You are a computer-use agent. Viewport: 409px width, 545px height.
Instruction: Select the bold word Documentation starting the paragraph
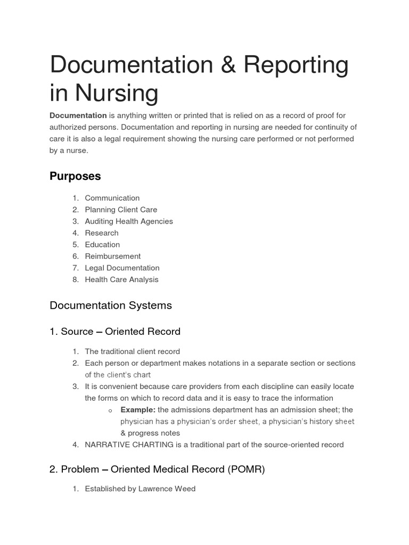click(78, 115)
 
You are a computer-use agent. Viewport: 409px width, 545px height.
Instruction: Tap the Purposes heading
click(75, 176)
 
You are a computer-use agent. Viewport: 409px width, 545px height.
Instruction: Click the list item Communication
click(112, 198)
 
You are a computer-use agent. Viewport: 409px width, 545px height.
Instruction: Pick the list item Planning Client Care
click(121, 210)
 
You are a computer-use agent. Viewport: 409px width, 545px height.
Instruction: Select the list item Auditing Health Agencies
click(129, 221)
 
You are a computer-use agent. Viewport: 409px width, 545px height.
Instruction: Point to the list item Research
click(102, 233)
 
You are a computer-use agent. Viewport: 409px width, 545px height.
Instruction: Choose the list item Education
click(102, 245)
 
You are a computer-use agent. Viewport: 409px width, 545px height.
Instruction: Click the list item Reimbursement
click(112, 257)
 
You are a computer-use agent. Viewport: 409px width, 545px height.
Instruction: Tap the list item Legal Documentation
click(122, 268)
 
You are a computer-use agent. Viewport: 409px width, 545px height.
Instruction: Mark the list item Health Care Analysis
click(121, 280)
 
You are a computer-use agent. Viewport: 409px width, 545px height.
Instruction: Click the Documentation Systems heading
click(111, 305)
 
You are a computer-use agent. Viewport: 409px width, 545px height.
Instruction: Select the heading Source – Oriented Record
click(115, 332)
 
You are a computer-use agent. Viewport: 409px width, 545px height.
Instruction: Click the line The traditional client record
click(132, 352)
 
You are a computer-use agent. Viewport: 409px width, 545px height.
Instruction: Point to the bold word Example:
click(138, 410)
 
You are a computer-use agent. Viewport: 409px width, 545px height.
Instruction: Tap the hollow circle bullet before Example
click(110, 410)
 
